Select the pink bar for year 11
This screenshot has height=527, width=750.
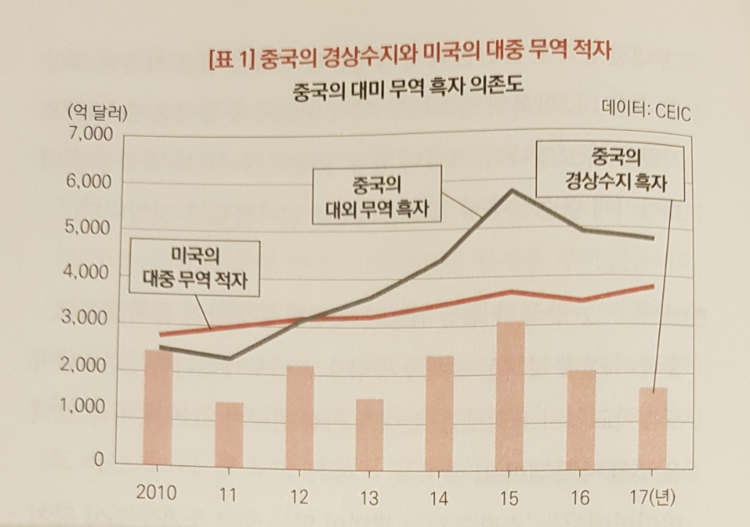pos(229,434)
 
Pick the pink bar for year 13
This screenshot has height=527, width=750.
pos(370,432)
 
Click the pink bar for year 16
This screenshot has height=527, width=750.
pos(582,418)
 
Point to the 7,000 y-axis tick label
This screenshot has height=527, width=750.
pos(82,134)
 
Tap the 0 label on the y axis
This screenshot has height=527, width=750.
pos(97,459)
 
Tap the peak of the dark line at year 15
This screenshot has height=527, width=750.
pos(511,190)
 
